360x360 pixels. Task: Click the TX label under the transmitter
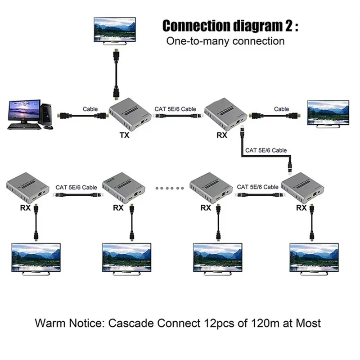pos(125,135)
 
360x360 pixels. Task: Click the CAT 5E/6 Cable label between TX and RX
pos(175,108)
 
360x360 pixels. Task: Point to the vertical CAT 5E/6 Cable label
pos(265,150)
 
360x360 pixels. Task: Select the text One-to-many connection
pos(225,41)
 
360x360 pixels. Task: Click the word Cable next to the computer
pos(90,109)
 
